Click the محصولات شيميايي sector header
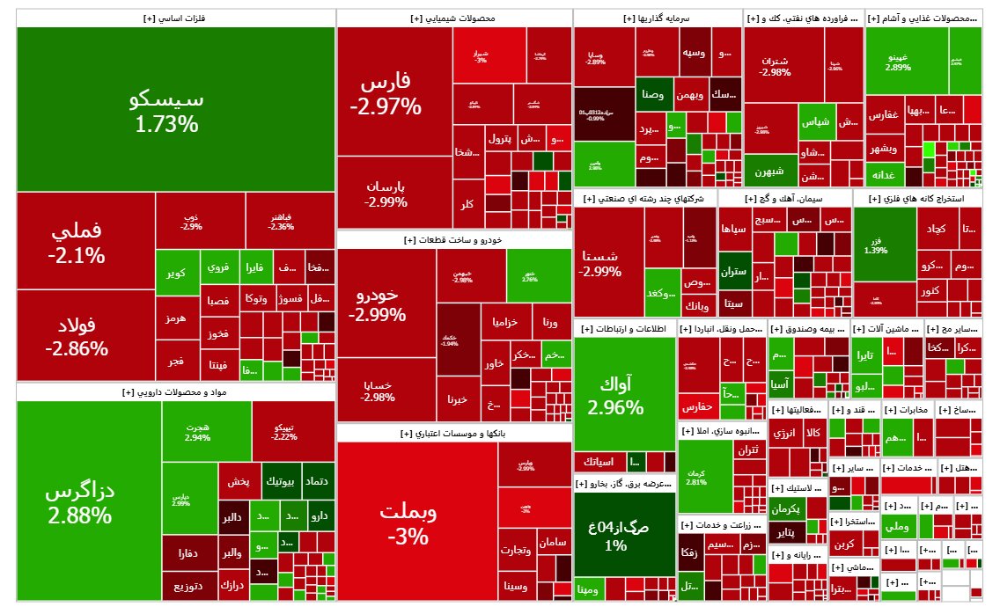453,18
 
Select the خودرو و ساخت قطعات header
453,239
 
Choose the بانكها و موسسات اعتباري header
453,433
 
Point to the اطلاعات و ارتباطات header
624,328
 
